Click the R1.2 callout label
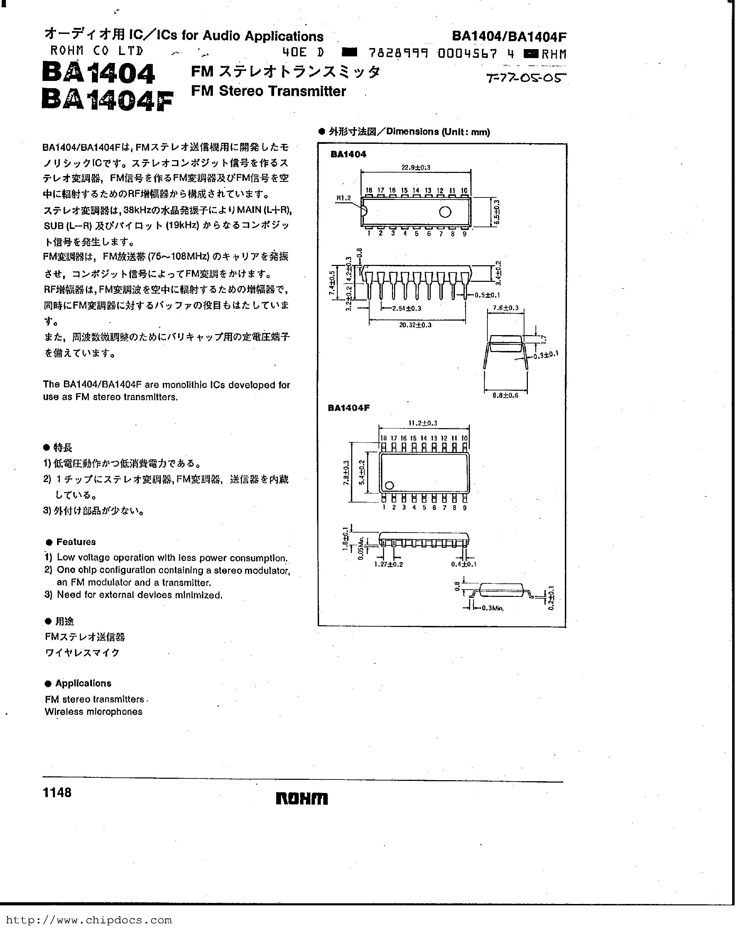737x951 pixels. tap(344, 198)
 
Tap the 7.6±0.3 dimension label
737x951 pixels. tap(505, 308)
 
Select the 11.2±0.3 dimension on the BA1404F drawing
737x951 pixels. tap(423, 423)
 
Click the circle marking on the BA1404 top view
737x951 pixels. tap(445, 212)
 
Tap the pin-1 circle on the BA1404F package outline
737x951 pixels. tap(389, 486)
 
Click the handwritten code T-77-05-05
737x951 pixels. tap(527, 79)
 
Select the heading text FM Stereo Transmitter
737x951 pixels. tap(269, 91)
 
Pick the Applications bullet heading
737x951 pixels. tap(83, 683)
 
